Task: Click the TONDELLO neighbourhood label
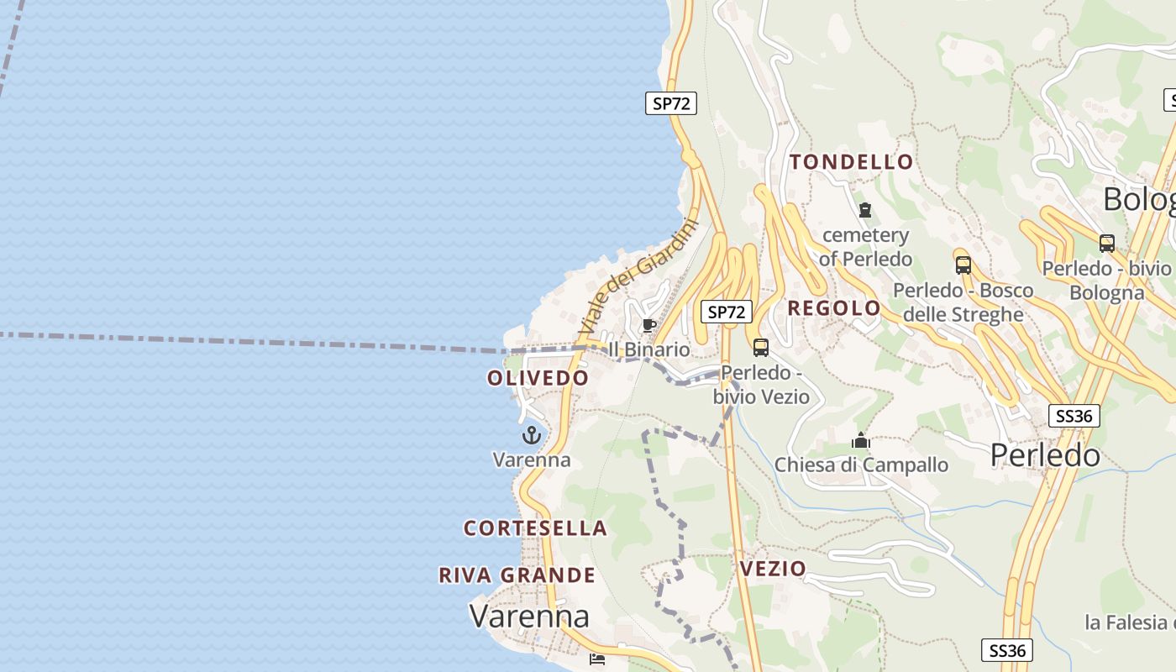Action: (x=851, y=162)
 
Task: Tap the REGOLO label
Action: (x=833, y=308)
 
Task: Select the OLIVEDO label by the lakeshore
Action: (x=538, y=378)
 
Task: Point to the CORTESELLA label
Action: (x=535, y=528)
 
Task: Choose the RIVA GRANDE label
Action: (x=517, y=575)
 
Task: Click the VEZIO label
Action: (x=773, y=569)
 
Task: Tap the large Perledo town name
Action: (x=1045, y=455)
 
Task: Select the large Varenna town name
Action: (x=529, y=617)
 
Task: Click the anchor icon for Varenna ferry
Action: (x=531, y=435)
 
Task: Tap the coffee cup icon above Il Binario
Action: (x=648, y=325)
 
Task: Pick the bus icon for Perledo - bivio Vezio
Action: (x=761, y=347)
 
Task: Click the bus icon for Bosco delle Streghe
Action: (x=963, y=265)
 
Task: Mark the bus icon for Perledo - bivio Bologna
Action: (x=1107, y=244)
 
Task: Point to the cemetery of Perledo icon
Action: (x=865, y=210)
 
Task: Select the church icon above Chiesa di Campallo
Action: (x=861, y=440)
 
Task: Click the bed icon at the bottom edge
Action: (x=597, y=659)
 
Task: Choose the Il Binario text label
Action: (x=648, y=349)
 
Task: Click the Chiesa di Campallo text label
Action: (x=861, y=465)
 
